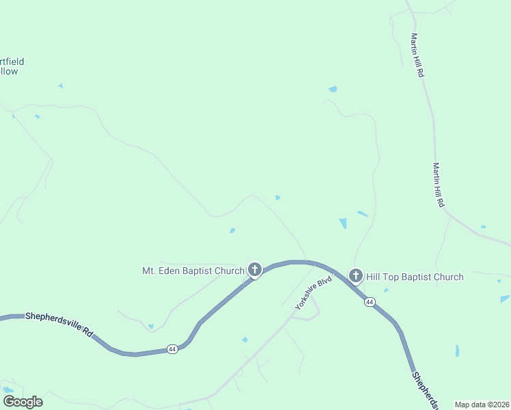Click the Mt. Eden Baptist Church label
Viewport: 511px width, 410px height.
click(193, 271)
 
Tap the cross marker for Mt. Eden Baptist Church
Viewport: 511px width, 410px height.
click(255, 270)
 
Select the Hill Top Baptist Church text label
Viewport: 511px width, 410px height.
click(415, 277)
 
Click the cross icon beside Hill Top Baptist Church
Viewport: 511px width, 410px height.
click(355, 276)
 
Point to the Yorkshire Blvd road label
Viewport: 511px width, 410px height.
click(313, 293)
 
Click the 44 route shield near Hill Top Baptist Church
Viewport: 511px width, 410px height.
click(370, 301)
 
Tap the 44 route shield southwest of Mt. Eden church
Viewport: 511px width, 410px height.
click(171, 349)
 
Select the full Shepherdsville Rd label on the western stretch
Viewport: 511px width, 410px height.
click(58, 325)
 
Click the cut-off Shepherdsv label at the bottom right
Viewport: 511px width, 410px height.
click(425, 390)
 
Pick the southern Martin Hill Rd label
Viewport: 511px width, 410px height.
click(438, 184)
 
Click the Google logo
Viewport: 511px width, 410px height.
click(23, 402)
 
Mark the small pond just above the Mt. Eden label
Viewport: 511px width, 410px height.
click(232, 230)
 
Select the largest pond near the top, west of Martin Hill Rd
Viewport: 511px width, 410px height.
click(333, 89)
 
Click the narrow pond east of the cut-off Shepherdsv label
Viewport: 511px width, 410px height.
click(457, 351)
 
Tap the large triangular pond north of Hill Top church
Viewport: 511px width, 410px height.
click(343, 223)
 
